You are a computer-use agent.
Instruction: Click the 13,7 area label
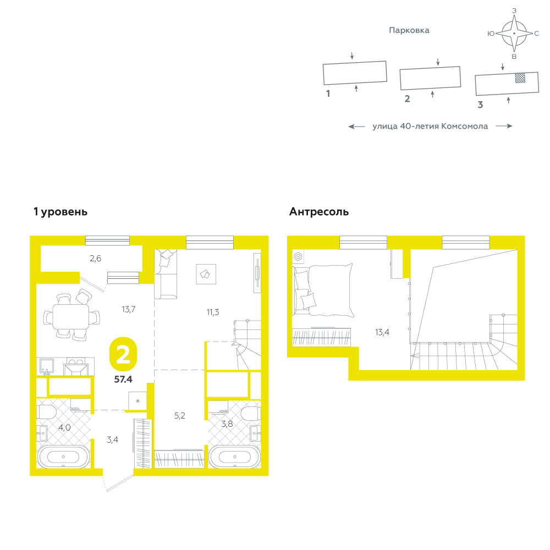[x=128, y=309]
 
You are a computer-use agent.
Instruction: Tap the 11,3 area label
[x=212, y=312]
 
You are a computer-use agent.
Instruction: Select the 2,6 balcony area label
[x=95, y=258]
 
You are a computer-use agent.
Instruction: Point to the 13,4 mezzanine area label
[x=382, y=332]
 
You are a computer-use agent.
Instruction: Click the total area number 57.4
[x=123, y=379]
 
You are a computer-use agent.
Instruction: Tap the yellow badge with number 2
[x=123, y=354]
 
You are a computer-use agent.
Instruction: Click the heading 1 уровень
[x=61, y=212]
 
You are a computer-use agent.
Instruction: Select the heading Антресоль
[x=319, y=212]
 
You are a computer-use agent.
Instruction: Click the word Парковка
[x=409, y=30]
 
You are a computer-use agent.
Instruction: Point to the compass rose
[x=514, y=34]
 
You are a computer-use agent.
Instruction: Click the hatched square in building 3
[x=520, y=78]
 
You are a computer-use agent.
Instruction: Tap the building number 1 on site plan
[x=328, y=94]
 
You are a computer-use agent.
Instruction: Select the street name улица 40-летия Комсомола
[x=430, y=127]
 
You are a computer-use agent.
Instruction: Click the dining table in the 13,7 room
[x=71, y=316]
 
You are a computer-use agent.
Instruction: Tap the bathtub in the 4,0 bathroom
[x=63, y=457]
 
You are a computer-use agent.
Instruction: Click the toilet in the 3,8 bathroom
[x=251, y=414]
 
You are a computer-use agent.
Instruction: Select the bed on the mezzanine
[x=323, y=290]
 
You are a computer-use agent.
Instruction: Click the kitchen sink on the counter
[x=47, y=366]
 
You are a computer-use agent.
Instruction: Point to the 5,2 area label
[x=180, y=416]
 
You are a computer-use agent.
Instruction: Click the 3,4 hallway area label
[x=112, y=439]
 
